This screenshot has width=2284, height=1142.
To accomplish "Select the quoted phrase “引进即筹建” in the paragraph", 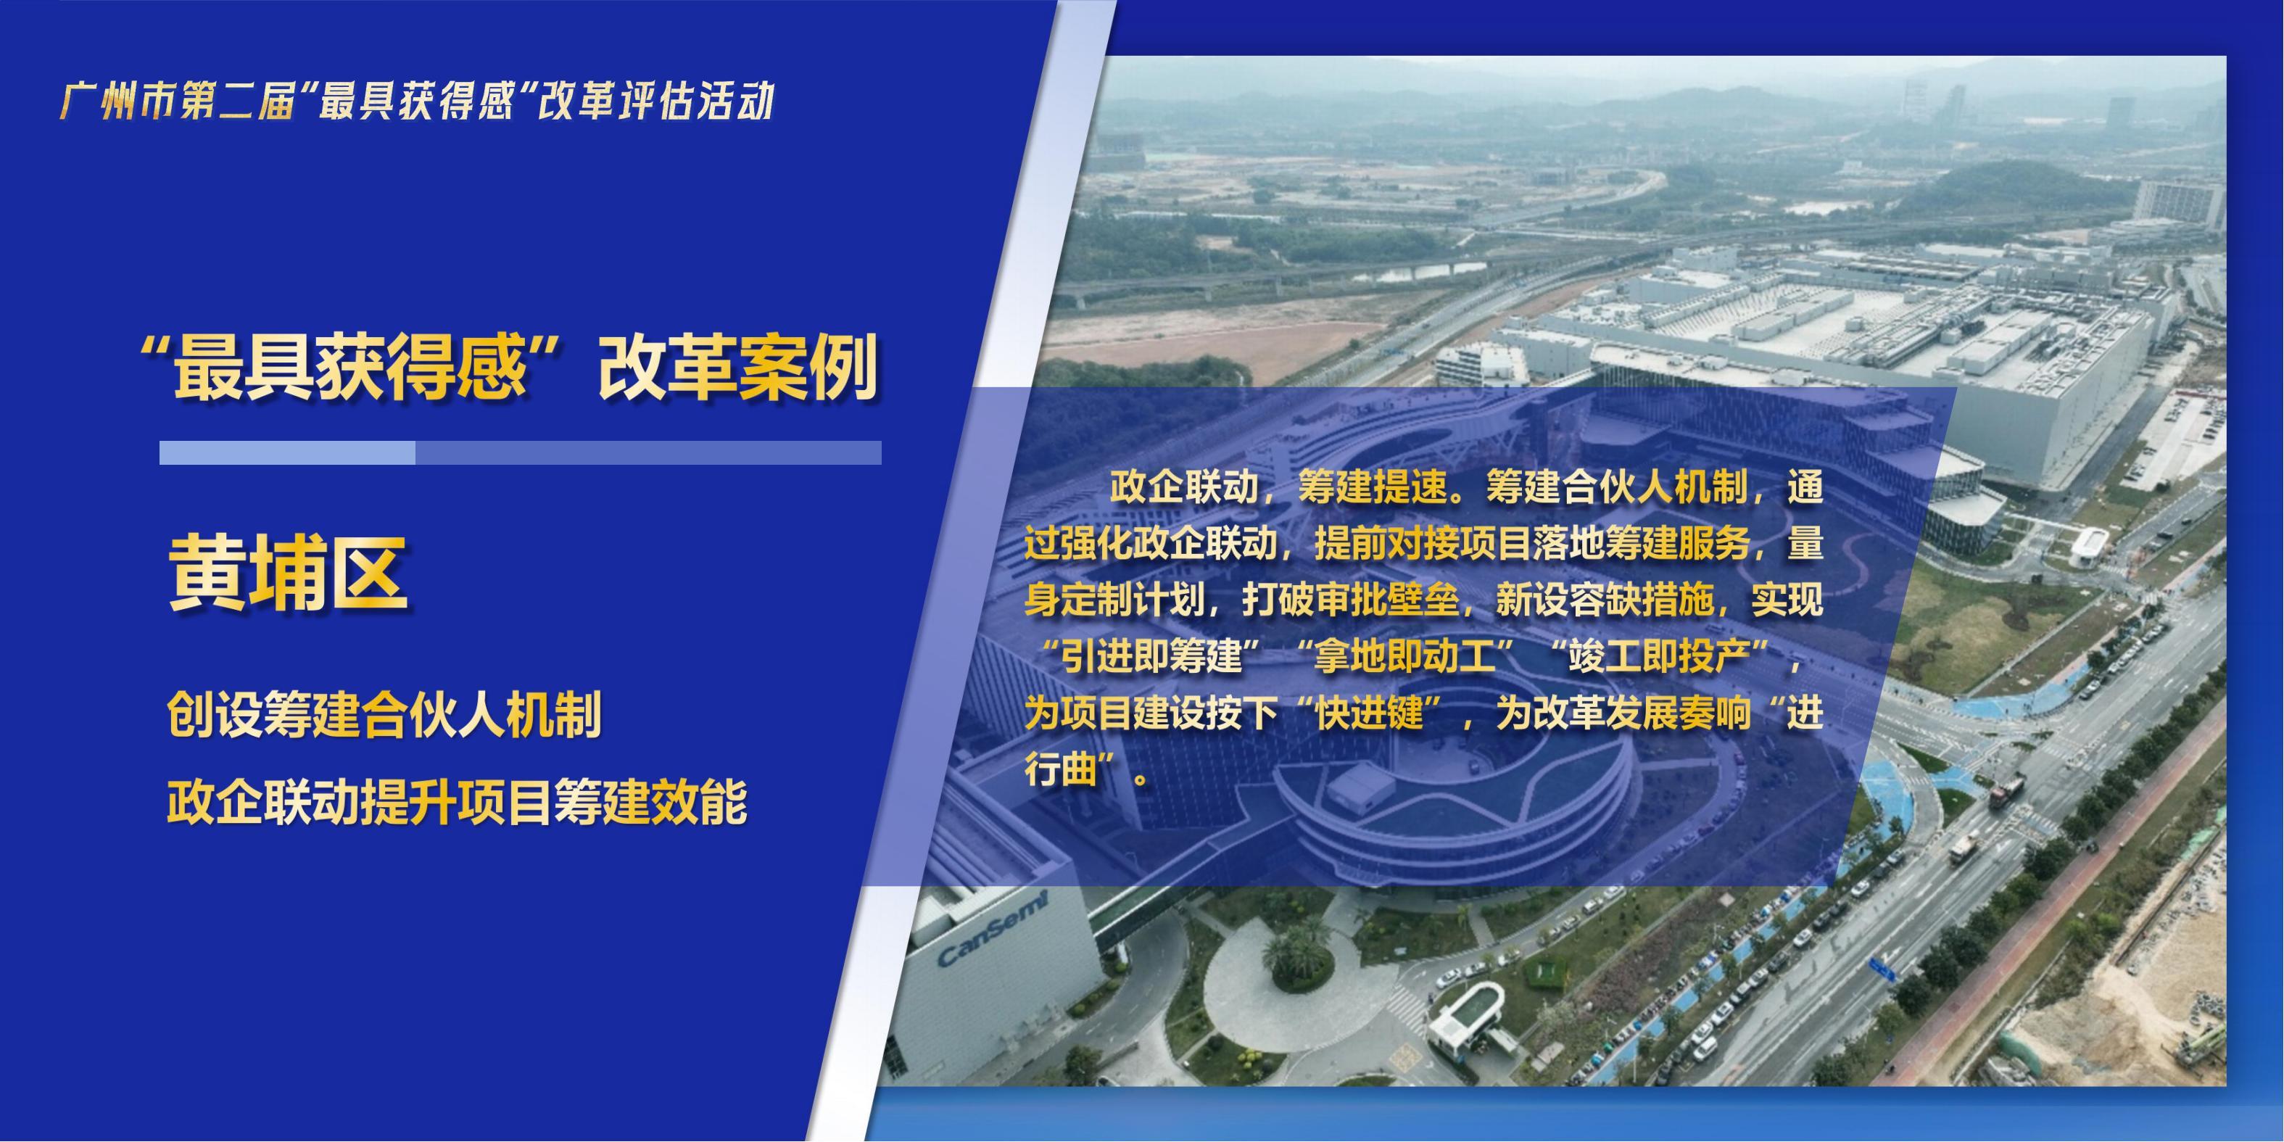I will point(1153,657).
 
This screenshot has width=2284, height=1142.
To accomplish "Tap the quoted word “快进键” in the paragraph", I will point(1370,713).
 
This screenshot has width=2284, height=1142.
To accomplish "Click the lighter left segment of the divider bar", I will point(287,453).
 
